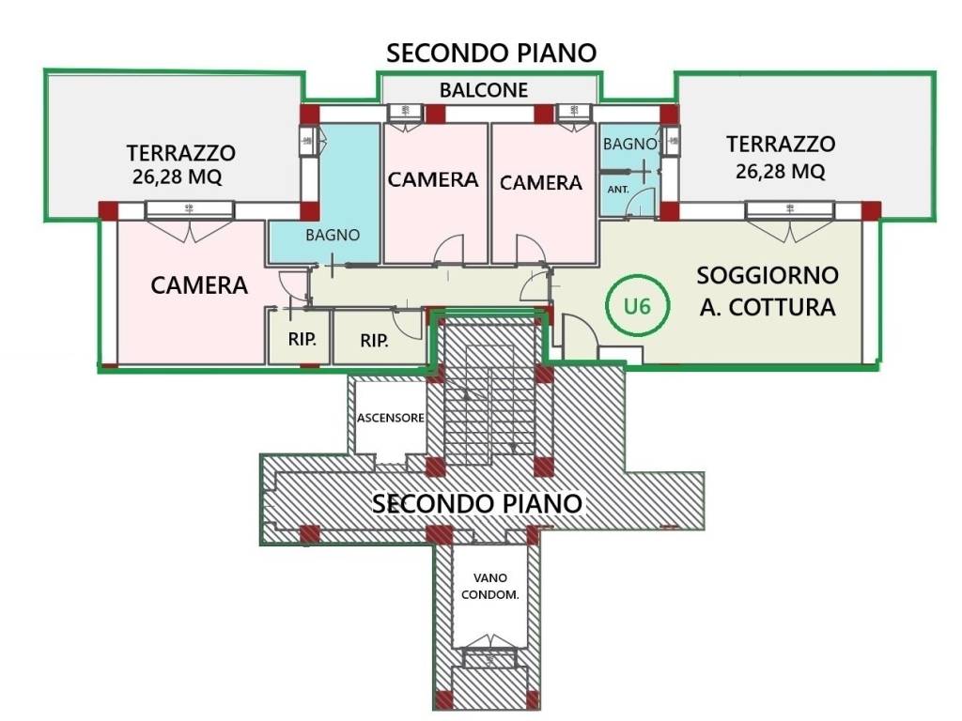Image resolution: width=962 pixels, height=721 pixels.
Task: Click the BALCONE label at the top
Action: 484,90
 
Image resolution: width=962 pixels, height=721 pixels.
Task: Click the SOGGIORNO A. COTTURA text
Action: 767,290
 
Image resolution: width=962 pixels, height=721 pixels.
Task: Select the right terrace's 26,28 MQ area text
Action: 781,172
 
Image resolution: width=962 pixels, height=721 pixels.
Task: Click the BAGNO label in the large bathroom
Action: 333,236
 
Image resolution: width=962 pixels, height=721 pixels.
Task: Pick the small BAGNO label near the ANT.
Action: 628,145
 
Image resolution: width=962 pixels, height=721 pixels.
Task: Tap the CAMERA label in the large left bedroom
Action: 199,285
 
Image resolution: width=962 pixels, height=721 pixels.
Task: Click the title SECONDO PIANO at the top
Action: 491,53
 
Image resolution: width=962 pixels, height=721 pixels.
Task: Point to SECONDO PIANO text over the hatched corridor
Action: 477,503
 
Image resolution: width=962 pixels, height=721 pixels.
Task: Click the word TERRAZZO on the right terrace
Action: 781,145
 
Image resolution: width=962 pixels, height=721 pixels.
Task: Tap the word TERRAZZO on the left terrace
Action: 181,151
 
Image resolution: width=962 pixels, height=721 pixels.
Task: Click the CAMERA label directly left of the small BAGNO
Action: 541,182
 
